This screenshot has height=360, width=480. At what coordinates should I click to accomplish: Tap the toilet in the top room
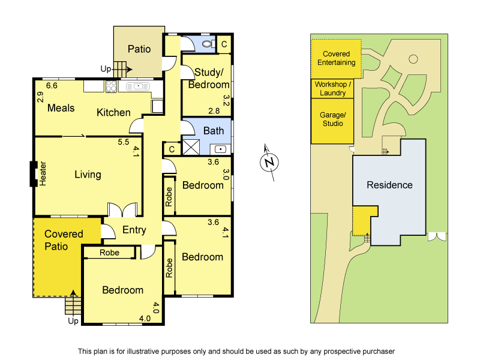208,44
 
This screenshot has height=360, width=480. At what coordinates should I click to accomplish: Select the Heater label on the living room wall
43,173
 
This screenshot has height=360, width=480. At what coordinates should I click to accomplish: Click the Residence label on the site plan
389,185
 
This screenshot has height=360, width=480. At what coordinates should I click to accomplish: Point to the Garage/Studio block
332,119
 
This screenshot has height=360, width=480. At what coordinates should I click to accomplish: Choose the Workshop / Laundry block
332,89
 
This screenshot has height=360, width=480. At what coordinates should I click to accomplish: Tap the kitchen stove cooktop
111,87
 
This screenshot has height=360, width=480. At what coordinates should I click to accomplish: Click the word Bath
214,131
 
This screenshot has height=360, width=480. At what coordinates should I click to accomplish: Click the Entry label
134,230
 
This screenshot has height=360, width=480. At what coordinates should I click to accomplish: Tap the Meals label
61,108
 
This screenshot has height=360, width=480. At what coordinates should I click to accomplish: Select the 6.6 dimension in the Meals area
52,86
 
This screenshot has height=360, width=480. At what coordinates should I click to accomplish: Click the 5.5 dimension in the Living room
124,142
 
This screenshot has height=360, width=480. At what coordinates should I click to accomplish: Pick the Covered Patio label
64,239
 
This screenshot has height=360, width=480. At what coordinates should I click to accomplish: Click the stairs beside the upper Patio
122,68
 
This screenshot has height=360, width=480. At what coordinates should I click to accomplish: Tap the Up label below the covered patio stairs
73,321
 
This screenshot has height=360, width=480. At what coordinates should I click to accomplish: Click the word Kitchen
113,112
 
